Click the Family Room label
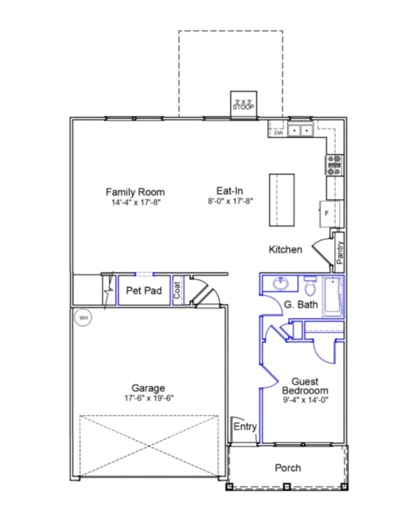coord(135,192)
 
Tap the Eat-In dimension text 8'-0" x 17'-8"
coord(230,201)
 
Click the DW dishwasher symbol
coord(278,133)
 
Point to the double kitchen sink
coord(300,131)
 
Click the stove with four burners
coord(335,165)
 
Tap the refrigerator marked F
coord(330,213)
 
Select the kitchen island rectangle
coord(282,200)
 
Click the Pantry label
coord(340,252)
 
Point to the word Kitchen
coord(285,249)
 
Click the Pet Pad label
coord(144,291)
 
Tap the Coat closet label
coord(177,290)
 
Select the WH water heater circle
coord(84,318)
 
